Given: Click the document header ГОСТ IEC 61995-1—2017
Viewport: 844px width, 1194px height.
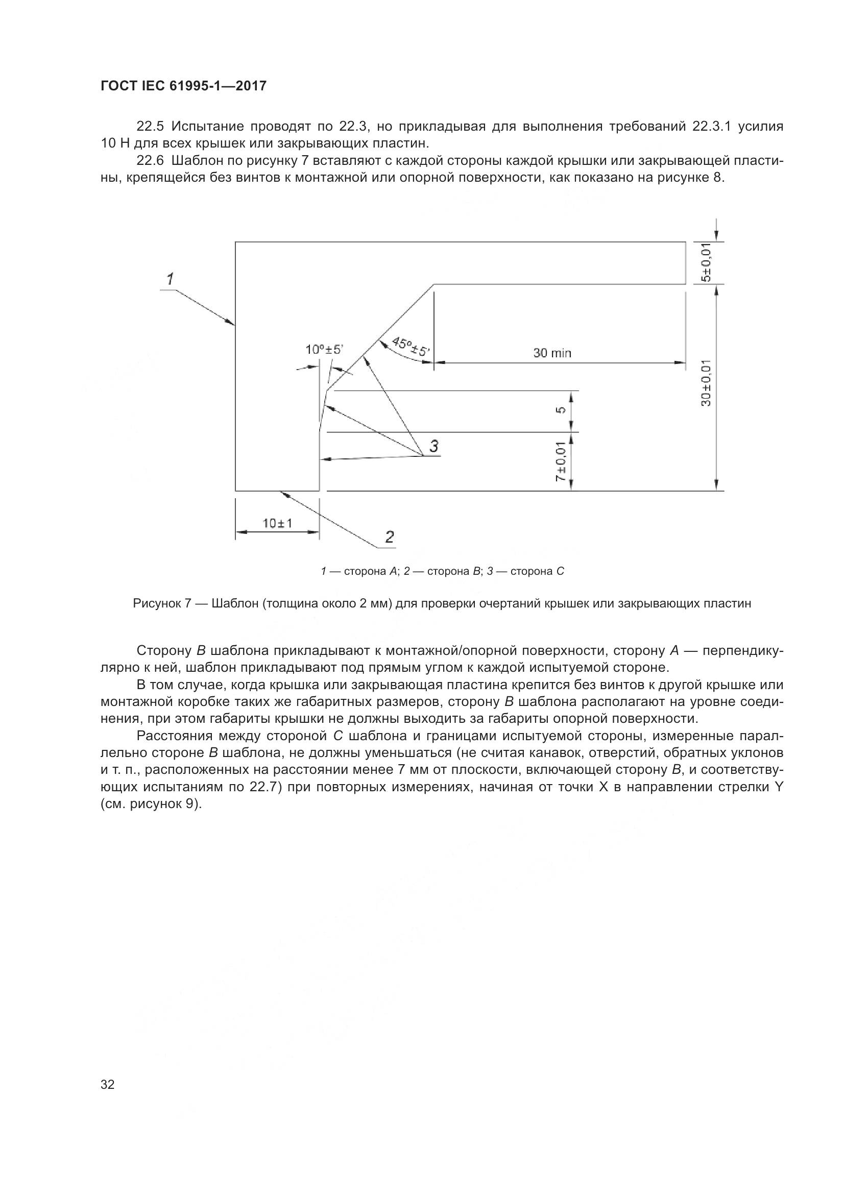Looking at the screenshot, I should tap(183, 86).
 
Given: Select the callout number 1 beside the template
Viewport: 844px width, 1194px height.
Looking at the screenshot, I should tap(170, 279).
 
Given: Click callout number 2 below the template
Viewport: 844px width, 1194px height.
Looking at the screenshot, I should tap(390, 537).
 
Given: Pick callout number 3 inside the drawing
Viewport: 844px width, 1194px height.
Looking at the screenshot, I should tap(433, 446).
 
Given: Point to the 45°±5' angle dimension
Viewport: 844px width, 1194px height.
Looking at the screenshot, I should tap(411, 347).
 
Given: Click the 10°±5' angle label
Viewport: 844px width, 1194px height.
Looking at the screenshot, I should tap(325, 350).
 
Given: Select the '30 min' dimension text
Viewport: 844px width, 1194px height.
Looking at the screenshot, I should tap(552, 354).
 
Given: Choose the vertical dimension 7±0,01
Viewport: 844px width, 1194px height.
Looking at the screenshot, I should tap(560, 462).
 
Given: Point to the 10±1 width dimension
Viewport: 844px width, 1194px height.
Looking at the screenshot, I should tap(277, 523).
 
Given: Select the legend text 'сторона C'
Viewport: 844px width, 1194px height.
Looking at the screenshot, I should tap(537, 572).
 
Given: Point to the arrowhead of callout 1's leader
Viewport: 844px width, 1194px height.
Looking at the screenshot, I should tap(233, 325).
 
